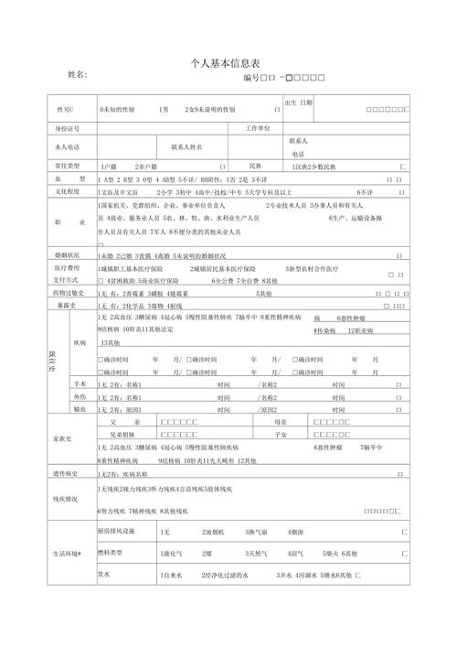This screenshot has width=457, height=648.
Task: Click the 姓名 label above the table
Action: [x=78, y=74]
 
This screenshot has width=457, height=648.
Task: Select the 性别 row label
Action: [x=69, y=109]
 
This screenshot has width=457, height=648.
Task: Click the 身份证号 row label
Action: [x=69, y=129]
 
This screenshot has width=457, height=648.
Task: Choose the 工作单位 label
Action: [x=258, y=128]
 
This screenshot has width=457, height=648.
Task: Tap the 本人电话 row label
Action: [x=68, y=146]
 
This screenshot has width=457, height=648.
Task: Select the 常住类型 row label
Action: [x=69, y=166]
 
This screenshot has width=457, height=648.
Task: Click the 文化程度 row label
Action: [x=69, y=192]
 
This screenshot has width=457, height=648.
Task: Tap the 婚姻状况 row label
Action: [x=69, y=255]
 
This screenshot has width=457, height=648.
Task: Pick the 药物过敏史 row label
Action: [x=69, y=293]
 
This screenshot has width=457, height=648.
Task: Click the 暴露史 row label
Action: [x=69, y=305]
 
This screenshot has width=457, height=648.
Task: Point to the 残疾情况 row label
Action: [x=69, y=499]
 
